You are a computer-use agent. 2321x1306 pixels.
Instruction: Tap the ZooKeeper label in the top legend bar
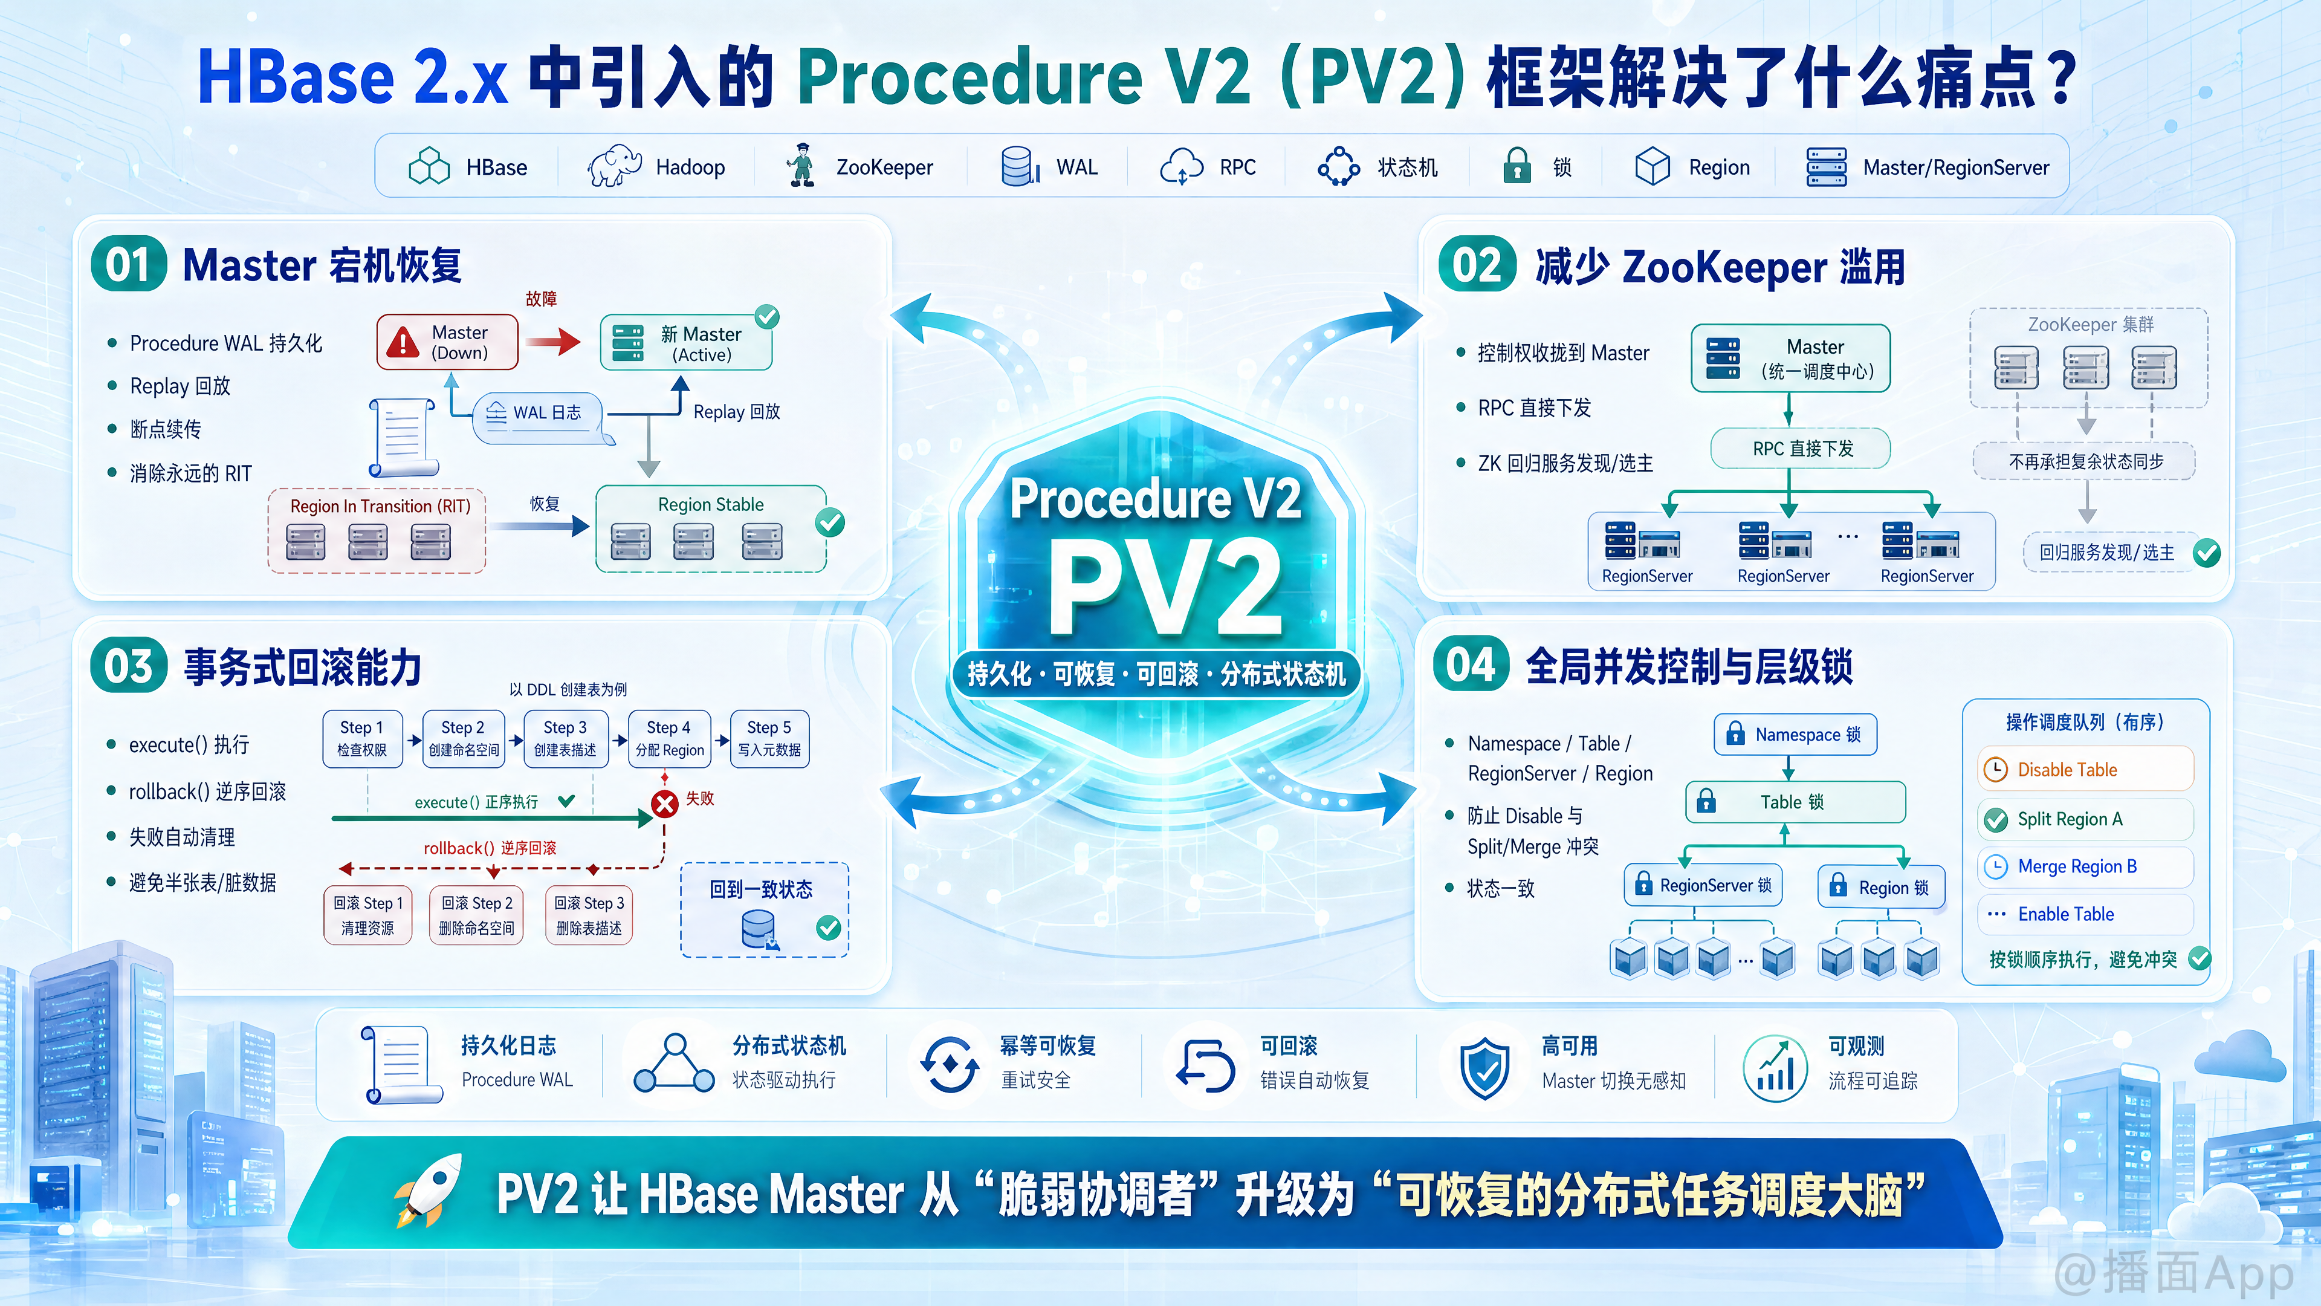coord(884,167)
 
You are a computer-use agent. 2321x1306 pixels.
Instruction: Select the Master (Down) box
coord(447,342)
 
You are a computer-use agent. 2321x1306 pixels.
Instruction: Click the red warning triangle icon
coord(403,342)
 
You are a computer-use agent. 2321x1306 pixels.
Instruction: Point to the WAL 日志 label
coord(547,413)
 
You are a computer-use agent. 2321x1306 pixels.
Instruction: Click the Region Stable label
coord(711,505)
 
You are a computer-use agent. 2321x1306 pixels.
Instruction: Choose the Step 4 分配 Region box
coord(670,739)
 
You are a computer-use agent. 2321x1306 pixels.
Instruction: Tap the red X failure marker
coord(665,803)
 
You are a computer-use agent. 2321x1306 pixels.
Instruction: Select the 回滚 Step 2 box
coord(477,915)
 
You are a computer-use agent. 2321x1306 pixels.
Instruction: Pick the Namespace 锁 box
coord(1795,735)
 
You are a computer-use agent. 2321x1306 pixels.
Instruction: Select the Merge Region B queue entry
coord(2085,866)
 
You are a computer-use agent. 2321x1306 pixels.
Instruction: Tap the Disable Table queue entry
coord(2085,770)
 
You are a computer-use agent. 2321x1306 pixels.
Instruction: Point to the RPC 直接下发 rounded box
coord(1800,449)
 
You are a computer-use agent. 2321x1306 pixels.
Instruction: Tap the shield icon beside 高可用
coord(1484,1067)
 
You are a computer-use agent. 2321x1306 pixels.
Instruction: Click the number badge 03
coord(129,666)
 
